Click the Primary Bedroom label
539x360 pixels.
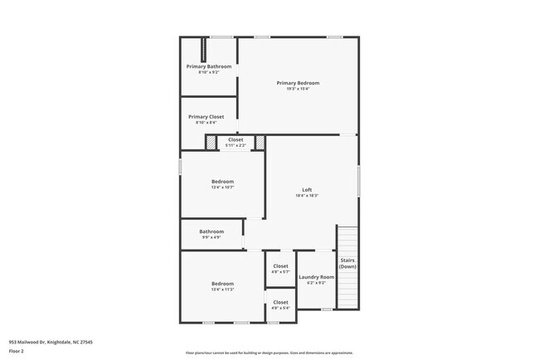click(298, 83)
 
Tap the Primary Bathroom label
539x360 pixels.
click(208, 66)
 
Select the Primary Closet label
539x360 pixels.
click(206, 117)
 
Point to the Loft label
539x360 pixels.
click(306, 190)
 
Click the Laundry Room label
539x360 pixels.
click(316, 277)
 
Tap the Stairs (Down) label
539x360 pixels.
click(347, 262)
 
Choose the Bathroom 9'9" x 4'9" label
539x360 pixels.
click(211, 231)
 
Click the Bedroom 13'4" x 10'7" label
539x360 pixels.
click(222, 181)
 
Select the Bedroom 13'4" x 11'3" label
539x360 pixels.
click(222, 284)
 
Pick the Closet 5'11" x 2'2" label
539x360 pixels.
click(236, 139)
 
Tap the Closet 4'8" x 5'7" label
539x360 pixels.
click(280, 266)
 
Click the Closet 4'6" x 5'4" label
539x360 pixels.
click(280, 302)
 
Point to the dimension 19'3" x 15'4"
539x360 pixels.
click(298, 89)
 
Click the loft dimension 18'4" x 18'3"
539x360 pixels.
click(306, 196)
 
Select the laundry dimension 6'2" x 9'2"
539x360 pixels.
click(316, 283)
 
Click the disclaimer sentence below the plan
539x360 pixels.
click(269, 352)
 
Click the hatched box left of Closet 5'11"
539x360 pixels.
click(211, 142)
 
